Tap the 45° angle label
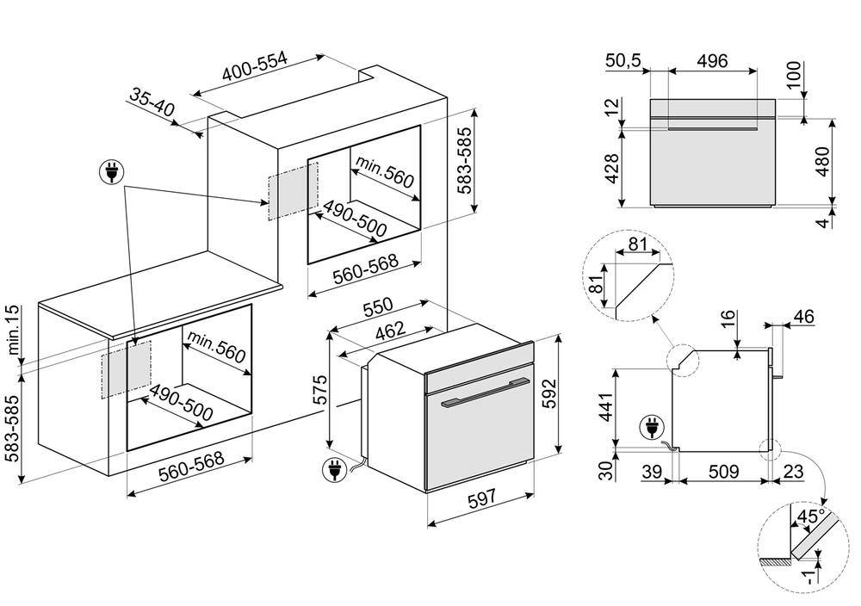[x=812, y=516]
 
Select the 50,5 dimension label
[x=624, y=60]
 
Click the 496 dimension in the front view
[x=712, y=60]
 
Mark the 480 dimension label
[x=822, y=161]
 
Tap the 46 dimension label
[x=802, y=318]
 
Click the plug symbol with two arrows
[x=111, y=173]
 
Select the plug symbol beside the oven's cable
[x=331, y=469]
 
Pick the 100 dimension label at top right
[x=793, y=76]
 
